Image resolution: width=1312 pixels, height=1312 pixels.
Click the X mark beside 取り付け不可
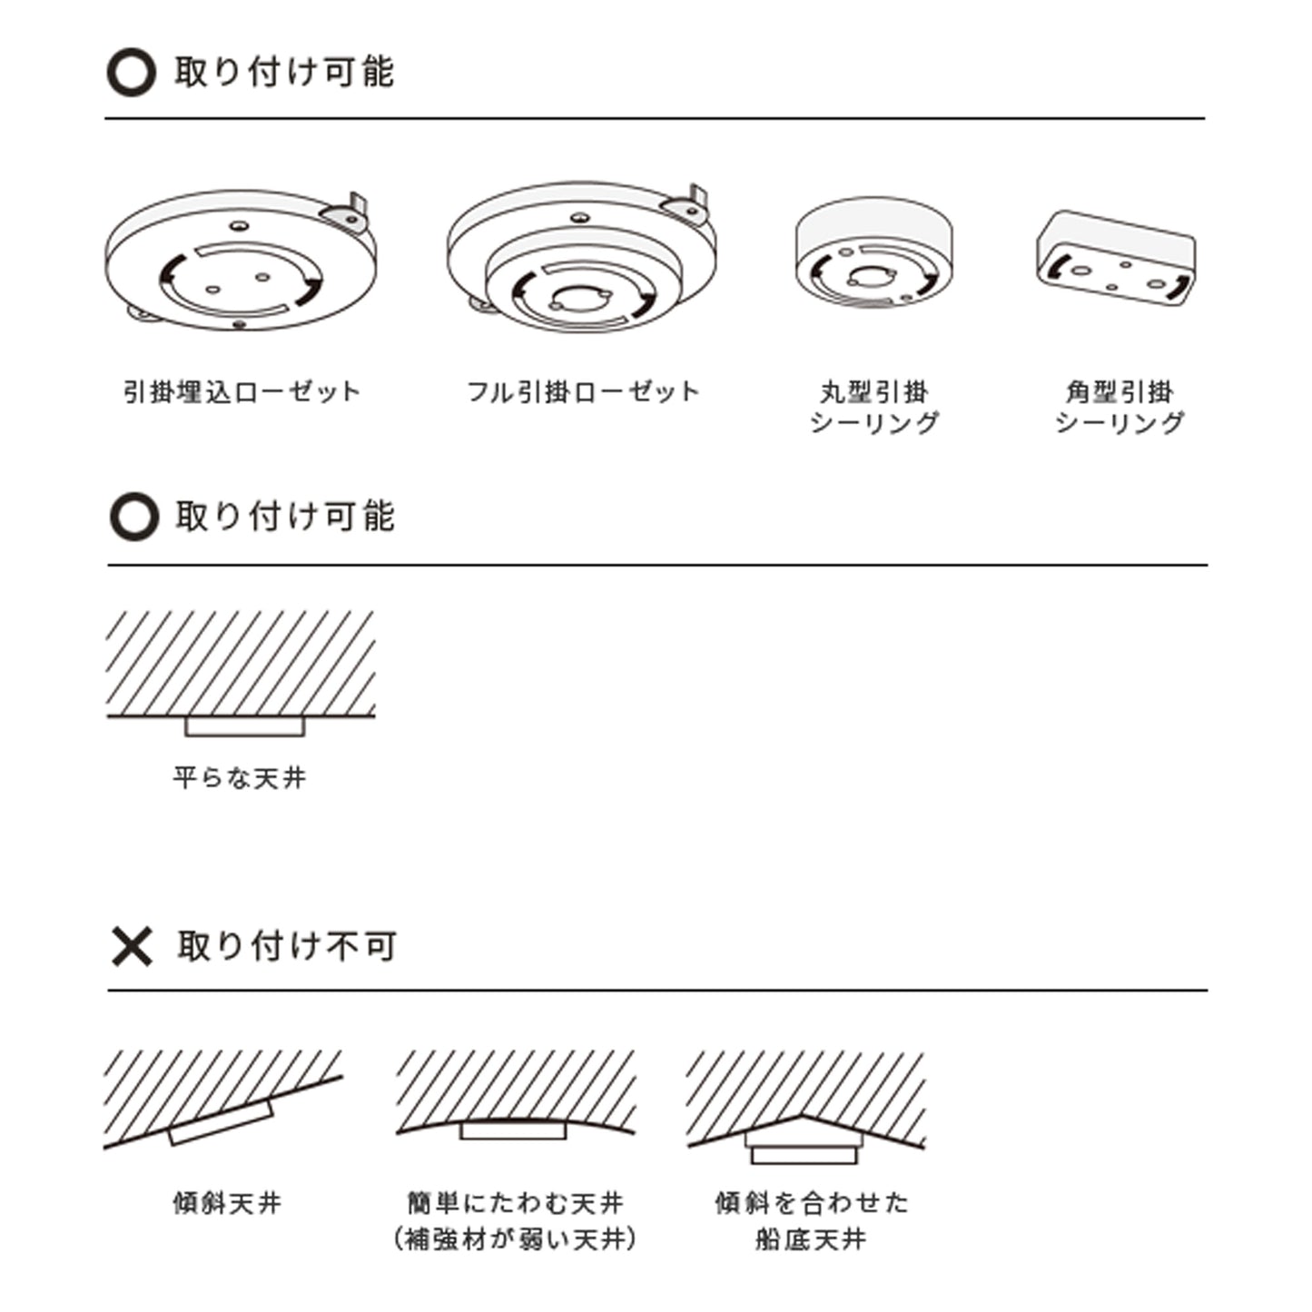(132, 946)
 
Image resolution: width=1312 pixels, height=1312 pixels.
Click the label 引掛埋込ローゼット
(242, 392)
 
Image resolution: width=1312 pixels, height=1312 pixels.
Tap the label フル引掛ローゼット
(583, 392)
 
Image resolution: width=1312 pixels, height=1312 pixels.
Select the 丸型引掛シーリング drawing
(873, 252)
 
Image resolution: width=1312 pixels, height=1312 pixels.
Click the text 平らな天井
(240, 777)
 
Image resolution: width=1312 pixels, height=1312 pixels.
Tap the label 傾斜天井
(227, 1203)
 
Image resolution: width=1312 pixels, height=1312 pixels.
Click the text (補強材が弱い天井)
(515, 1239)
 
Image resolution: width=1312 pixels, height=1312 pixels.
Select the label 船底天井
(811, 1239)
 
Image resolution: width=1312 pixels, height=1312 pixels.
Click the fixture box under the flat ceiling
(244, 725)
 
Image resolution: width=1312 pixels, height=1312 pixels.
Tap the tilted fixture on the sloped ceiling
(222, 1122)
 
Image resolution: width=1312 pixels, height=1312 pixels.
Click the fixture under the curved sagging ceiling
(514, 1130)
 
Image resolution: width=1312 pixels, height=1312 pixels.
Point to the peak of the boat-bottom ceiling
(802, 1116)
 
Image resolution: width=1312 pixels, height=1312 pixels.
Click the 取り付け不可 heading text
(287, 946)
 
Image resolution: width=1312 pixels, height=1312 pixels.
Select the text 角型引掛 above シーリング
(1120, 392)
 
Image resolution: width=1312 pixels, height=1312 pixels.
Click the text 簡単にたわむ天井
(515, 1203)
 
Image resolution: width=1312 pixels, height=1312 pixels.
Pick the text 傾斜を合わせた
(812, 1203)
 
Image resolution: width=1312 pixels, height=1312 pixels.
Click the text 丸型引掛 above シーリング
(874, 392)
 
